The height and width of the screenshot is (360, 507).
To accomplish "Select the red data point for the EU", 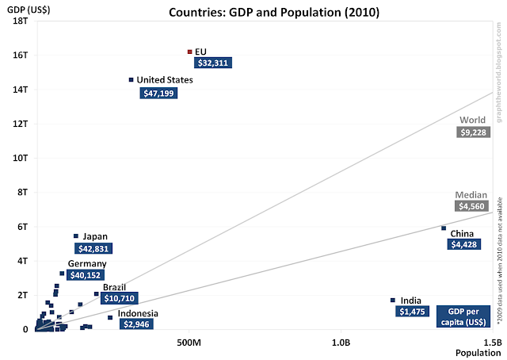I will [189, 52].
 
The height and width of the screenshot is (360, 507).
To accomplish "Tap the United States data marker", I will [131, 79].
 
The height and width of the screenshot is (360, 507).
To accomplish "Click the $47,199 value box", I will [159, 94].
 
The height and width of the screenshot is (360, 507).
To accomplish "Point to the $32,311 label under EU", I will [214, 63].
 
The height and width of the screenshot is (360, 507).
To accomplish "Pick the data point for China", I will [444, 228].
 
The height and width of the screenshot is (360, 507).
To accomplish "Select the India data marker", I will [392, 300].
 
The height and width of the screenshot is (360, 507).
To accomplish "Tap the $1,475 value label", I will [411, 312].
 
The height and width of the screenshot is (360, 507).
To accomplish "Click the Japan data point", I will [76, 236].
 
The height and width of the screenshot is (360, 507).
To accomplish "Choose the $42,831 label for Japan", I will [94, 248].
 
